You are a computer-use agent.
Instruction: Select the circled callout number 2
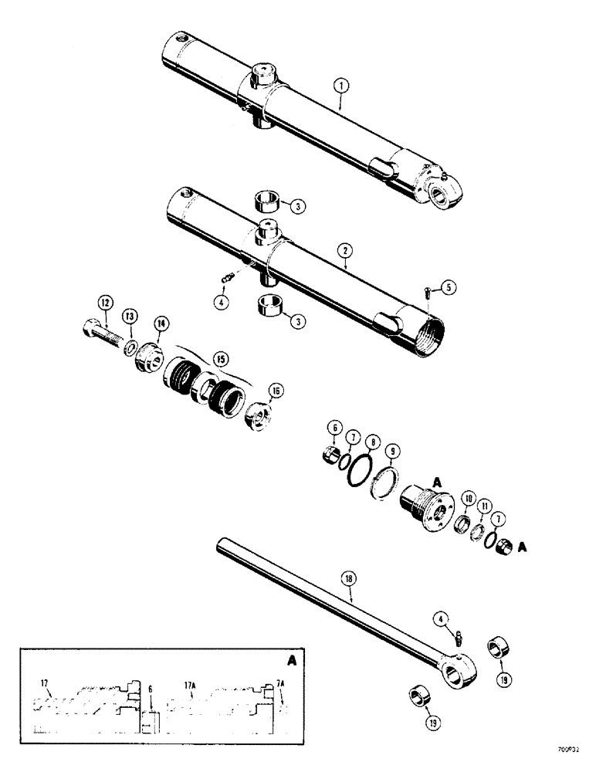pos(345,251)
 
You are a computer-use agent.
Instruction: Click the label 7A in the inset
pos(280,682)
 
